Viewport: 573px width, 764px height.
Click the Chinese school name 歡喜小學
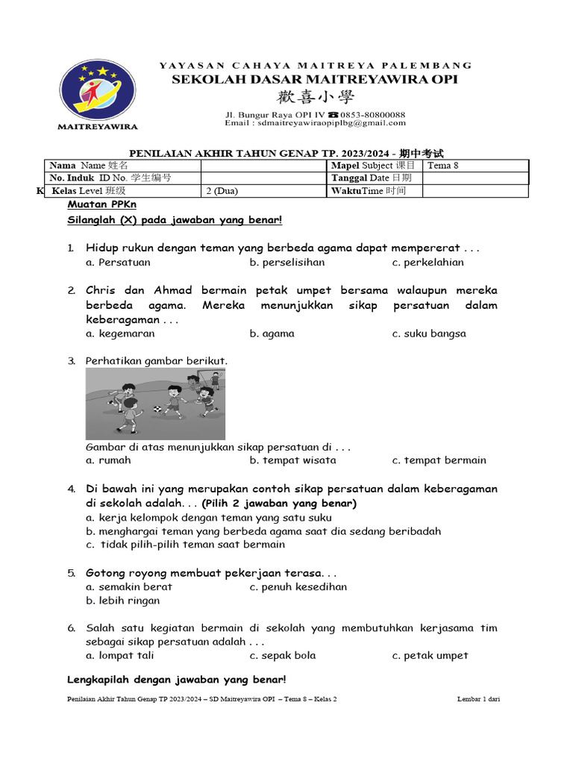point(316,97)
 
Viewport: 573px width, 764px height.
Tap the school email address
point(315,123)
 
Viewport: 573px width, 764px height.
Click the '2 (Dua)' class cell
point(222,191)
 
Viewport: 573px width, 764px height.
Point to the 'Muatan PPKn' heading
point(102,204)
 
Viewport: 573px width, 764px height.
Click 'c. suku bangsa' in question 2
point(428,334)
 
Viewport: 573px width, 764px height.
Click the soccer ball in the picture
point(157,409)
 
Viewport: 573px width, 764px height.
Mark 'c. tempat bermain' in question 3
point(439,460)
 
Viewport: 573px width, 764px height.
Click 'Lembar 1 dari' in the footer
point(478,699)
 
